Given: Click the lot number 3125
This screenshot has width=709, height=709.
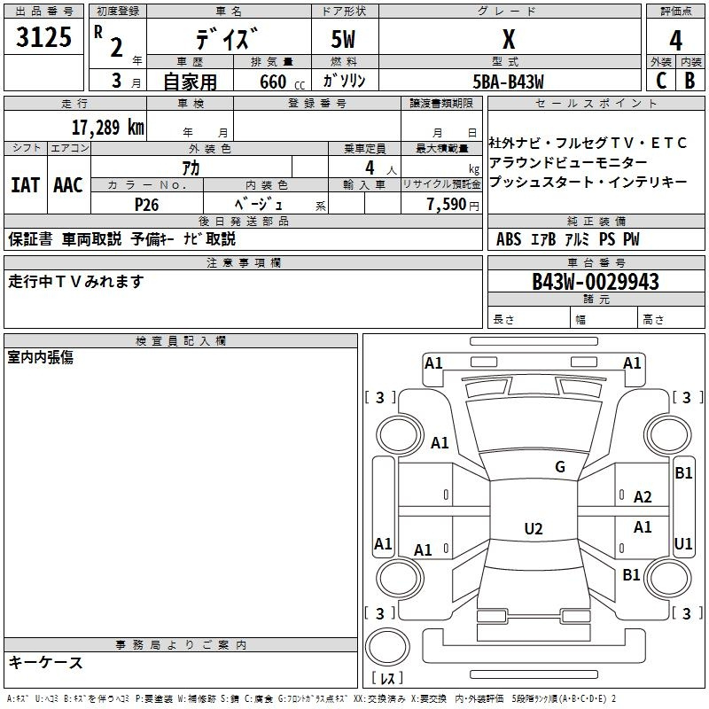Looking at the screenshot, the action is [x=44, y=38].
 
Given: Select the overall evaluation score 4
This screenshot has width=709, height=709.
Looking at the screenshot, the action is [x=676, y=41].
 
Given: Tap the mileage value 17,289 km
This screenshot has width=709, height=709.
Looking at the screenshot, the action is [x=107, y=127].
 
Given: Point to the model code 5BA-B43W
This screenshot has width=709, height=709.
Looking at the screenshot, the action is [x=509, y=81].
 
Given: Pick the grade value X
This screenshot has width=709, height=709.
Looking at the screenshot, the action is [x=509, y=39].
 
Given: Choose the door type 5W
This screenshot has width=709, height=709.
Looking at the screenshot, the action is [x=345, y=40].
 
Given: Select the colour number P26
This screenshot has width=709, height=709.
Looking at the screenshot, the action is [x=146, y=204].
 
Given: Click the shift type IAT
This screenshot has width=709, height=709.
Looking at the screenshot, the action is [x=25, y=185].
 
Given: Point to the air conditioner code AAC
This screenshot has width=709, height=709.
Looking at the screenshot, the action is [x=68, y=185].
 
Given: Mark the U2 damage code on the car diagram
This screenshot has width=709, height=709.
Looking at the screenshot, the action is [x=533, y=529].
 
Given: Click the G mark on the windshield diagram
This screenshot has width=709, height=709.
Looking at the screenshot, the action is [x=559, y=467].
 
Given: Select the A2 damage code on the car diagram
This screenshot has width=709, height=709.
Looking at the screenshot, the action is [x=643, y=497].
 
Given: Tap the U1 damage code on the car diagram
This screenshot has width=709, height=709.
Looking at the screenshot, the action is [x=683, y=543].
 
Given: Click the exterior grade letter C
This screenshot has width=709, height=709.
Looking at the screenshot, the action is [x=660, y=81].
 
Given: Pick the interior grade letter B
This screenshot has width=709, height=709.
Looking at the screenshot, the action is [x=690, y=81].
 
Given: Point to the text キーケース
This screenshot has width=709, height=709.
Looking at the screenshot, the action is [x=46, y=662].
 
